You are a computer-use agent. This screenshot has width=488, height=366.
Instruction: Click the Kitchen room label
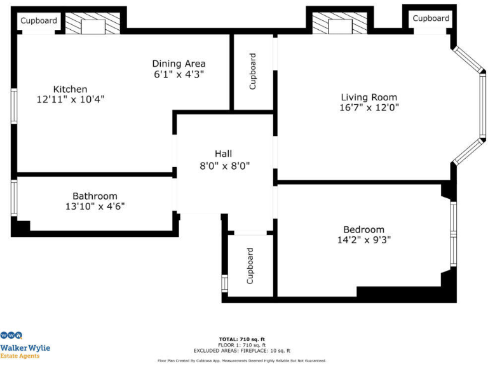coord(70,89)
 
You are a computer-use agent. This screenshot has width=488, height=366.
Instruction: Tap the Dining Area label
coord(179,64)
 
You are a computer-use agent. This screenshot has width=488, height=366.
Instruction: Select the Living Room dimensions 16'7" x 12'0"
coord(369,107)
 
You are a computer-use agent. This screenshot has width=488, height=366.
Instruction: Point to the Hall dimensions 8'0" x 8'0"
coord(223,166)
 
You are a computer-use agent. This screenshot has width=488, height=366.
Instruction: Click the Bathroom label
coord(95,196)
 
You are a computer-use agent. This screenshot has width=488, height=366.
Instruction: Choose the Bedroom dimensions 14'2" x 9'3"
coord(363,240)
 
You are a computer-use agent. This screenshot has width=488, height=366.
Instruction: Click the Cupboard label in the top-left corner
coord(39,21)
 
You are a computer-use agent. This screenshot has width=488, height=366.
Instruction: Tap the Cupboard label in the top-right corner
coord(431,18)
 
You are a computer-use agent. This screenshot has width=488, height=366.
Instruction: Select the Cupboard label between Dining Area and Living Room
coord(252,71)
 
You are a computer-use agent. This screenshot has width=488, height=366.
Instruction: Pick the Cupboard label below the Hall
coord(250,266)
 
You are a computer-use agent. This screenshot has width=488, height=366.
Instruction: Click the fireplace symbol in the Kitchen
coord(93,25)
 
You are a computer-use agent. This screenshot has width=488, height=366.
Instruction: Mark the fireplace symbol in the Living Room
coord(340,25)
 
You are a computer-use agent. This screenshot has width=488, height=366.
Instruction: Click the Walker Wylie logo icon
coord(11,335)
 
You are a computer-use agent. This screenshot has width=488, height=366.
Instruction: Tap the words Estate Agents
coord(20,356)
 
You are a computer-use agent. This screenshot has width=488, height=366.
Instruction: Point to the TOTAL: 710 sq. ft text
coord(242,339)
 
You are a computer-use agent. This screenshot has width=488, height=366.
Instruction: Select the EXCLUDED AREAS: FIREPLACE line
coord(242,350)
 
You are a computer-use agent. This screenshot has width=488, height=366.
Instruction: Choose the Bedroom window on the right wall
coord(453,233)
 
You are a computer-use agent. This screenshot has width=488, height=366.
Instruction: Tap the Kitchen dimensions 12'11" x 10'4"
coord(70,99)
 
